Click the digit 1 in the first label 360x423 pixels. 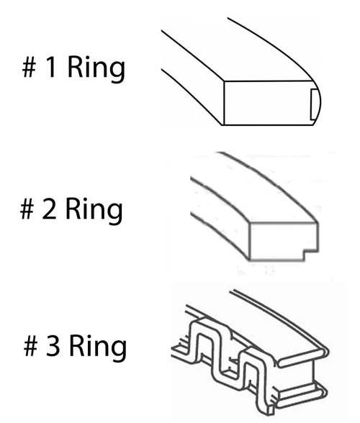point(51,66)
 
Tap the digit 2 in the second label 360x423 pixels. point(49,209)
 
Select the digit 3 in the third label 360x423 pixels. point(53,345)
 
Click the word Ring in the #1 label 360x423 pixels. point(96,69)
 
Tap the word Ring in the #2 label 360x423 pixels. point(94,210)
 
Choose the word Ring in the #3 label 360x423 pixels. point(98,347)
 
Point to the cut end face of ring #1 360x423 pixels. point(267,103)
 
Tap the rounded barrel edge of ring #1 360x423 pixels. point(318,102)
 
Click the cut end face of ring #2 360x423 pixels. point(282,241)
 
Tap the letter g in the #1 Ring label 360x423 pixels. point(118,71)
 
